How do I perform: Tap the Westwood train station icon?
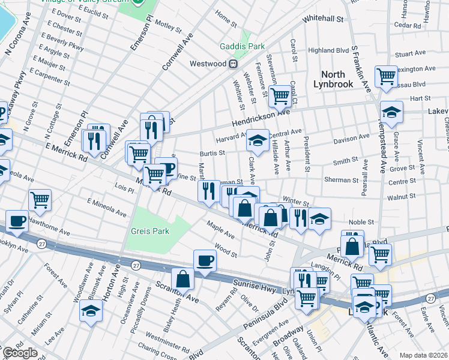[x=234, y=64]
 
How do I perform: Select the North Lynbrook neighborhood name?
[x=333, y=79]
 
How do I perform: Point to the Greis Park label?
[x=150, y=231]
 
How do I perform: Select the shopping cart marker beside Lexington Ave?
[x=387, y=76]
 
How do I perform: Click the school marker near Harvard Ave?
[x=258, y=140]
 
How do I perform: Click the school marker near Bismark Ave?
[x=91, y=310]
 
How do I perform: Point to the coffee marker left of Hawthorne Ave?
[x=17, y=220]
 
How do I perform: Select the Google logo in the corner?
[x=20, y=353]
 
